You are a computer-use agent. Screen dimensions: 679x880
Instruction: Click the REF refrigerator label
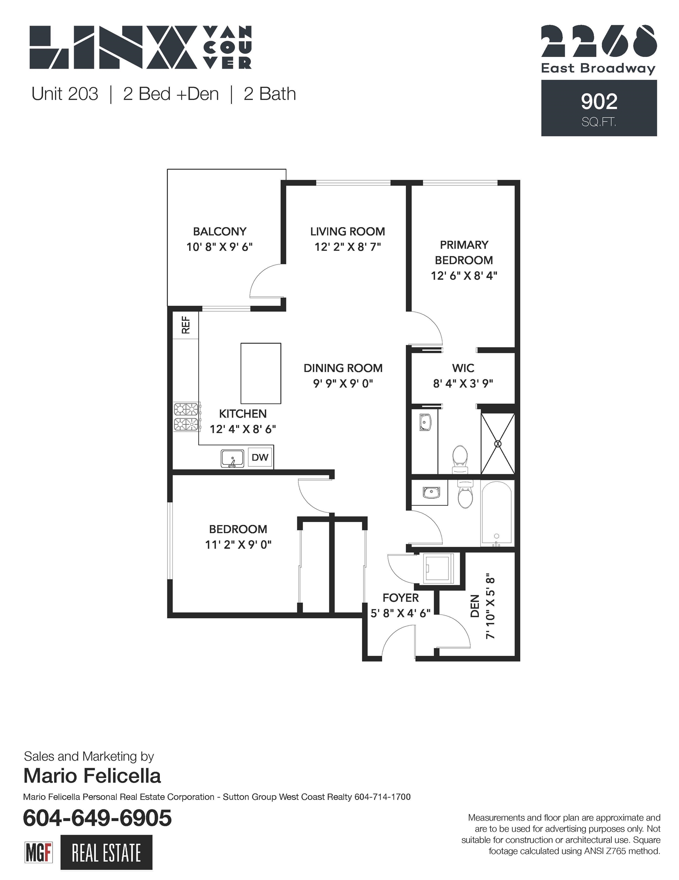[185, 325]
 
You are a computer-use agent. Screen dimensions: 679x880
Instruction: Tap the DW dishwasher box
[260, 457]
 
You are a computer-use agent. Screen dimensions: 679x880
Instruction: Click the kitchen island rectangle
[261, 373]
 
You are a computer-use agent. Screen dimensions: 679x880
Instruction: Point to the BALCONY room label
[220, 231]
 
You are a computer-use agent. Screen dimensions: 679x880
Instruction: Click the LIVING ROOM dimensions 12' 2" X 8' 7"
[348, 247]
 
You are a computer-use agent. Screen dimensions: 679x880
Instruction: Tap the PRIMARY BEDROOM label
[464, 252]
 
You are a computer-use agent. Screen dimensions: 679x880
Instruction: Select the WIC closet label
[463, 368]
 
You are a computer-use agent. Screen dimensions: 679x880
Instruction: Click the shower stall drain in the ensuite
[498, 444]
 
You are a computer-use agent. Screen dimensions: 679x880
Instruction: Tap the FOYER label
[401, 597]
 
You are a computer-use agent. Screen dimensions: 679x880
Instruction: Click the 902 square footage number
[599, 102]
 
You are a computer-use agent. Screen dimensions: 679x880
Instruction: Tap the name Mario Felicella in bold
[92, 776]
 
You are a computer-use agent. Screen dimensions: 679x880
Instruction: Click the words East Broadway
[598, 68]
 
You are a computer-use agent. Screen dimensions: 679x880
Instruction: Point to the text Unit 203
[65, 94]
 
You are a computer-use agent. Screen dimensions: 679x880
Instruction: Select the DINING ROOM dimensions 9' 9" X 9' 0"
[343, 383]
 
